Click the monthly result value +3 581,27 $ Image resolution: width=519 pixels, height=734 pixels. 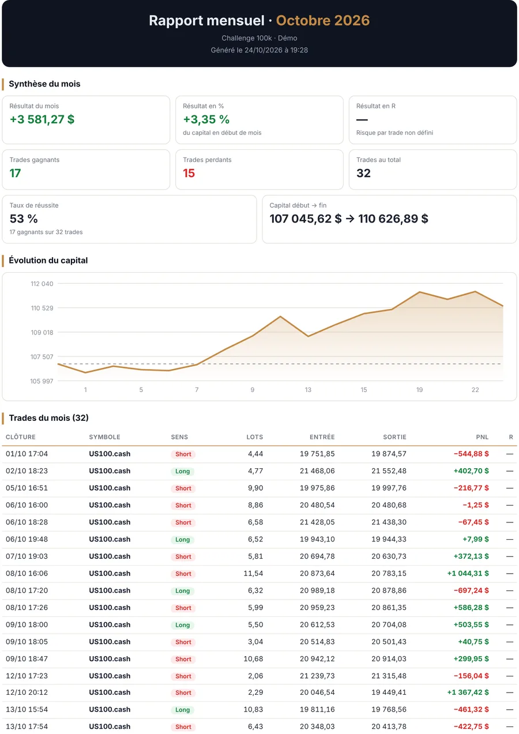(42, 119)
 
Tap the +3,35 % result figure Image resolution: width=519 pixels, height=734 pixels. (206, 119)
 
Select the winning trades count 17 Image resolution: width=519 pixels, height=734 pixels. (15, 173)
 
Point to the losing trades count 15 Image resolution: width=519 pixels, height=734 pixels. (189, 173)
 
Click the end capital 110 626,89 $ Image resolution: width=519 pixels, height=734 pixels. (393, 219)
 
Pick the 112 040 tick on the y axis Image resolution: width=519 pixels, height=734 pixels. (42, 284)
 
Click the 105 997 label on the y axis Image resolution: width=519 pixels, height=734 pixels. (42, 381)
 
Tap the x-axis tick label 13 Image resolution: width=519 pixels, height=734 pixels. (308, 390)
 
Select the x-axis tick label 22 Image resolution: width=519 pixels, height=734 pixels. (475, 390)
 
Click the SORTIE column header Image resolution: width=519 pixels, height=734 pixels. (394, 437)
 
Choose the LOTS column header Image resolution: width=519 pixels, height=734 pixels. (254, 437)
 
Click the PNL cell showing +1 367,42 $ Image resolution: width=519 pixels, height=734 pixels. (468, 692)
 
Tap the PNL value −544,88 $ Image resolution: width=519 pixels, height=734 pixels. (471, 454)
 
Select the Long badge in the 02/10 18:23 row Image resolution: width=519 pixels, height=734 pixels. (182, 471)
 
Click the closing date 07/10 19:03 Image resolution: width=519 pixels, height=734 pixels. (27, 556)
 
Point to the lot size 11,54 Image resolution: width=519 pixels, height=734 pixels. (253, 574)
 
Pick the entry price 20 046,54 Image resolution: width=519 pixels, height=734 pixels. (317, 692)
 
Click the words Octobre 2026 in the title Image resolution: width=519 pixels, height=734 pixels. (323, 20)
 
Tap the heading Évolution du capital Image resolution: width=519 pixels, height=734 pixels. (48, 261)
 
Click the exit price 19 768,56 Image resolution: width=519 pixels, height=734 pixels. (389, 709)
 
